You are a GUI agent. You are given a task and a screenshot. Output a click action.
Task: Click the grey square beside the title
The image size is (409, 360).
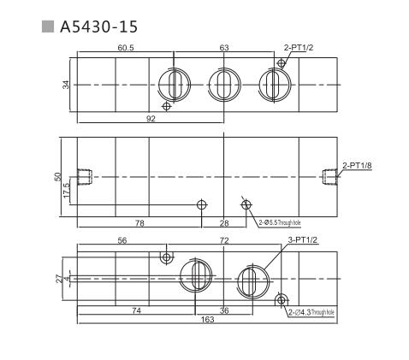[x=48, y=27]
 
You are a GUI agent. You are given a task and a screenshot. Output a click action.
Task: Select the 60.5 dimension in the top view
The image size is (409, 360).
[x=125, y=48]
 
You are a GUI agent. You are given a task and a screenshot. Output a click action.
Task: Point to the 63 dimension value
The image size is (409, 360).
[x=223, y=48]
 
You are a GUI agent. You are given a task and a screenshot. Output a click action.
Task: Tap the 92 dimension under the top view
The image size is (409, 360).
[x=151, y=120]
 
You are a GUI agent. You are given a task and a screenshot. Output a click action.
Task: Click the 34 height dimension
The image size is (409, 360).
[x=65, y=84]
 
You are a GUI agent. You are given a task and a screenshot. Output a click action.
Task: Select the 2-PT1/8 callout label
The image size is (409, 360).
[x=356, y=165]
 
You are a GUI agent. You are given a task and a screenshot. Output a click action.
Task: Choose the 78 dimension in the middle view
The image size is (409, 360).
[x=139, y=222]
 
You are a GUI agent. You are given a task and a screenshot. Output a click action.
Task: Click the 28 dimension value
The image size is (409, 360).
[x=224, y=222]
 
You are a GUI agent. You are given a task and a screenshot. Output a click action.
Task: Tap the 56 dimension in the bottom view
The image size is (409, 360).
[x=122, y=241]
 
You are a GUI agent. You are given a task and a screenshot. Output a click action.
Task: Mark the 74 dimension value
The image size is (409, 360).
[x=137, y=311]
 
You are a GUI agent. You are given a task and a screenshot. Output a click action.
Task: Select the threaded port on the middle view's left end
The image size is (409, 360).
[x=83, y=177]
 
